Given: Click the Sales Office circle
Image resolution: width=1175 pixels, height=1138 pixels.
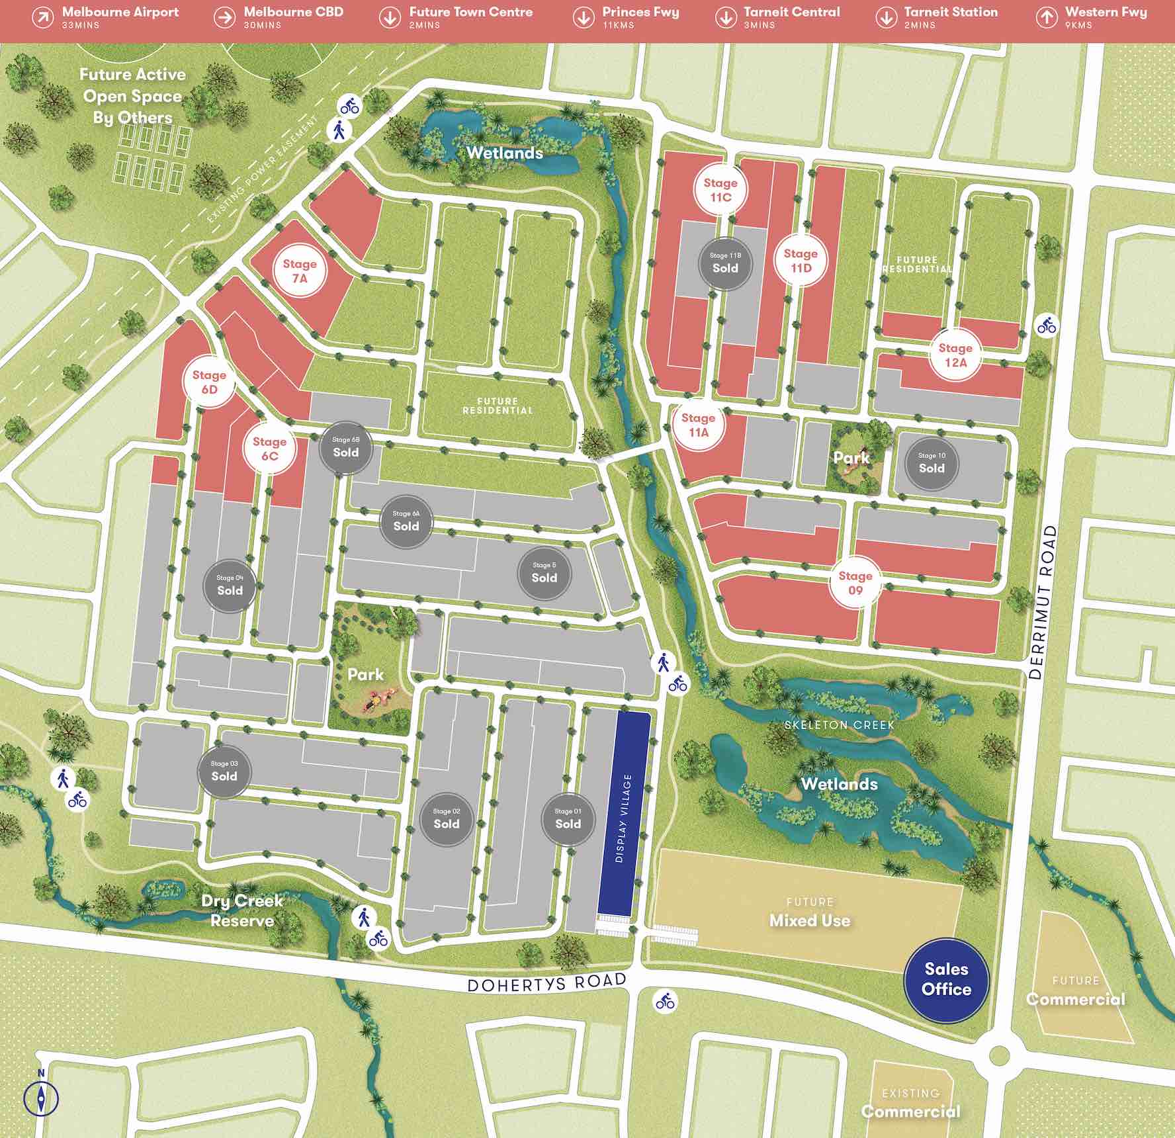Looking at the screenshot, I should (946, 980).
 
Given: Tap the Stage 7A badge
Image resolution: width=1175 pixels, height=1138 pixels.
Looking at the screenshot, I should (300, 271).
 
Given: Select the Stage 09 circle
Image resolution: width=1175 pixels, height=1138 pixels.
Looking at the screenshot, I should (855, 583).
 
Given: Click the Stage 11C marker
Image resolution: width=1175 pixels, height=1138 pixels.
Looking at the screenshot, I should (720, 190).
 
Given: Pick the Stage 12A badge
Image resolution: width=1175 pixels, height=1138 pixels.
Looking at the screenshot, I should (955, 355).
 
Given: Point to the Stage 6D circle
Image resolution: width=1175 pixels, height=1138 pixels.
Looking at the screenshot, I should (209, 382).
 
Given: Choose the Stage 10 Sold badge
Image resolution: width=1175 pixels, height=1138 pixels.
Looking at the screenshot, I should (932, 463).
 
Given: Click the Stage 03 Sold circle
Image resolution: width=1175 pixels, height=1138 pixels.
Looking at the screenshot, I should (224, 771).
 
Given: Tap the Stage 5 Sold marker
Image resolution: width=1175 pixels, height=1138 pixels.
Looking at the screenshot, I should (544, 573).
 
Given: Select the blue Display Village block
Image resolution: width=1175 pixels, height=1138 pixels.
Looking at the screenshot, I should (625, 814).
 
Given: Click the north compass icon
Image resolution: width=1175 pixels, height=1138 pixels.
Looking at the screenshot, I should (41, 1098).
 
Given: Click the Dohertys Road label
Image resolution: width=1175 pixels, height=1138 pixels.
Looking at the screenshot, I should (546, 983).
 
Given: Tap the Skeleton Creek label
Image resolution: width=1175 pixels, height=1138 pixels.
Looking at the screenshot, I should (839, 725).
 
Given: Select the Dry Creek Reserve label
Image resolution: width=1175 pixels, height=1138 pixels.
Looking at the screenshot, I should (242, 910).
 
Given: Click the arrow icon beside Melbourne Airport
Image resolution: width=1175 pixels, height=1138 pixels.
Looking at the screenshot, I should (43, 18).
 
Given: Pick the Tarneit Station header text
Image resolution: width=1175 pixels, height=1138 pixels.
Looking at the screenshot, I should (950, 13).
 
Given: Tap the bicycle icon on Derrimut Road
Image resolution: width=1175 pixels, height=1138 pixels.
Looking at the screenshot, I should (1047, 326).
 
